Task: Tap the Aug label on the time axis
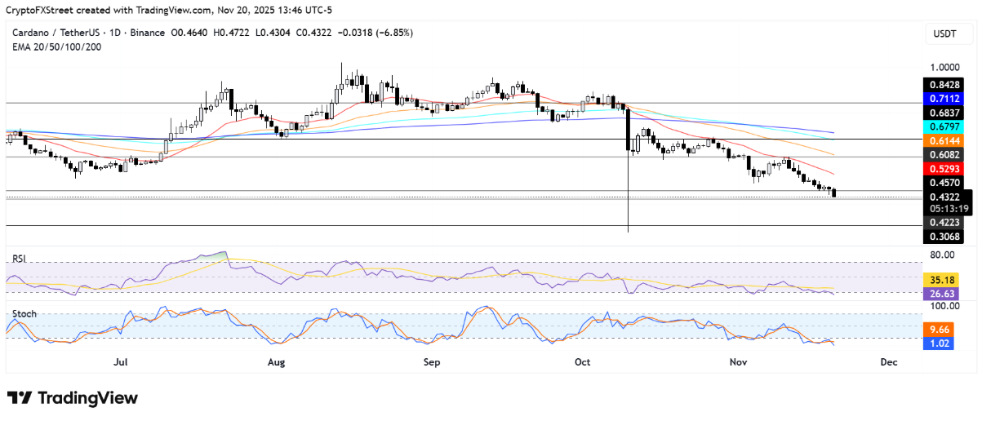click(276, 361)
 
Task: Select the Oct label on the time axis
click(582, 361)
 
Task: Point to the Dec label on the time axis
click(888, 361)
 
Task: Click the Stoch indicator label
click(24, 313)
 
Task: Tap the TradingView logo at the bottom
click(73, 398)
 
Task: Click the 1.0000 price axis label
click(944, 68)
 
